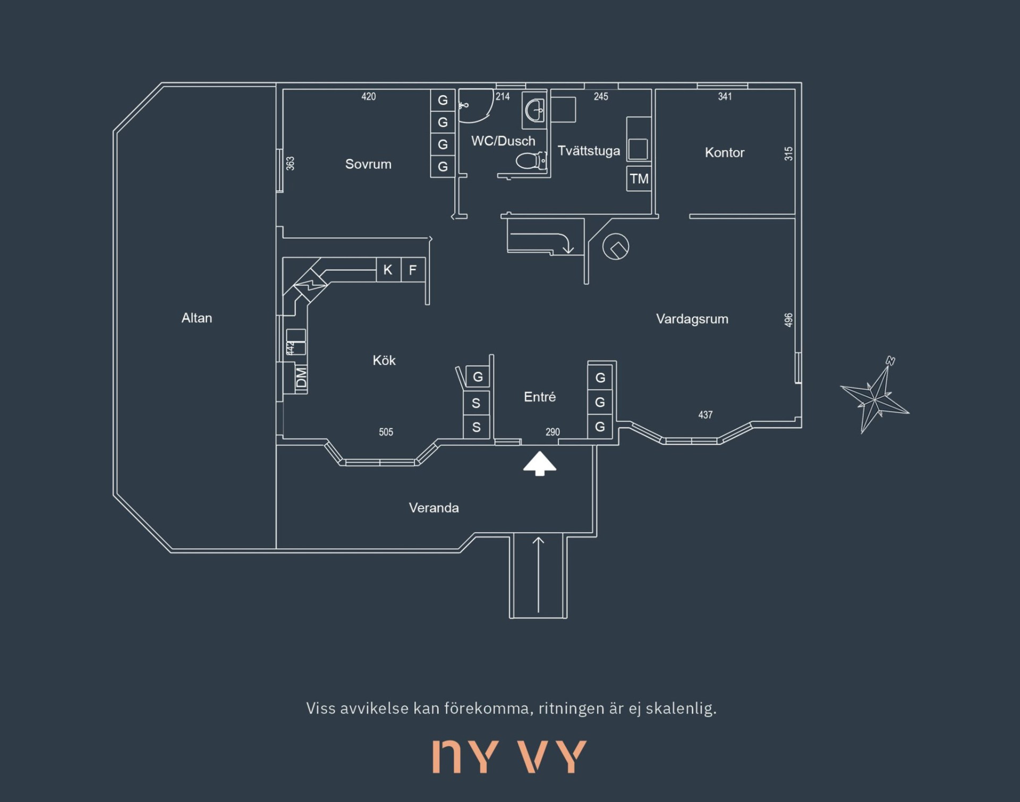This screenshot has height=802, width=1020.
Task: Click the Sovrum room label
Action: click(x=368, y=164)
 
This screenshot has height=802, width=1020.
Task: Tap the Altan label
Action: click(x=197, y=318)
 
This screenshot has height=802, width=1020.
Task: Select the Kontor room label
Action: click(x=725, y=152)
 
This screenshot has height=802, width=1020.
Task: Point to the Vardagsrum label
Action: click(x=692, y=319)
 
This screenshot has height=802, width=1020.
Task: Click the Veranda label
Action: click(x=434, y=508)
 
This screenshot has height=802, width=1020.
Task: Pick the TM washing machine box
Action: click(x=639, y=178)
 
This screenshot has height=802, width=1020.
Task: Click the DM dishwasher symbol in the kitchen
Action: click(x=301, y=378)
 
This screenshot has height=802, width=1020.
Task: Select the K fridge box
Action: click(x=388, y=270)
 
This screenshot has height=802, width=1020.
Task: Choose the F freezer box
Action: click(x=413, y=270)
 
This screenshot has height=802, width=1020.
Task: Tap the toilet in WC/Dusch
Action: click(x=531, y=160)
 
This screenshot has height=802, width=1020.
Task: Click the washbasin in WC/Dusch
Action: click(x=534, y=111)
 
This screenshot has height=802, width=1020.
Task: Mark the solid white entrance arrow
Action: click(x=540, y=464)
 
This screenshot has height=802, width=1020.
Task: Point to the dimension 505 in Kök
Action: click(x=386, y=432)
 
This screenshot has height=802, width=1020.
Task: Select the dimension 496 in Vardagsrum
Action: click(x=788, y=320)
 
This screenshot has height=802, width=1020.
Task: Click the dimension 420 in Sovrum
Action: click(x=369, y=97)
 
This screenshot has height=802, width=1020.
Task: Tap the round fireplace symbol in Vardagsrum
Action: click(x=616, y=247)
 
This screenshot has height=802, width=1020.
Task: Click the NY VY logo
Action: click(x=509, y=756)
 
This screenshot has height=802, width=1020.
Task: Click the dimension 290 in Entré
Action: click(x=552, y=432)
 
